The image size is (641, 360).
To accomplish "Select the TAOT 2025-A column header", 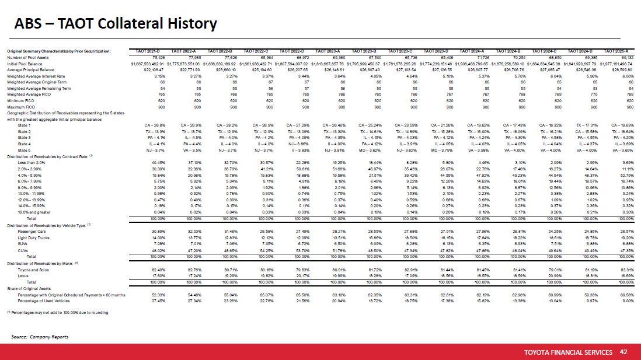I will point(622,53).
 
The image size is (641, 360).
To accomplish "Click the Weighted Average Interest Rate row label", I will point(36,76).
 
